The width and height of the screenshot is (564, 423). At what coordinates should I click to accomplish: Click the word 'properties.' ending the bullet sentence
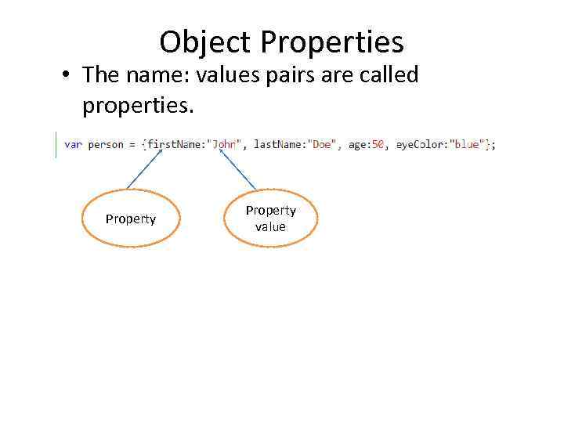point(137,105)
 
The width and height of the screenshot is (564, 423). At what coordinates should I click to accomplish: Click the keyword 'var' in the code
point(73,145)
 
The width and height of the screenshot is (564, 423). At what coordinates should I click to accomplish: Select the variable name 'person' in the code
point(106,145)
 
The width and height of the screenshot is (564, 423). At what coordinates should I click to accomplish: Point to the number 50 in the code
point(378,145)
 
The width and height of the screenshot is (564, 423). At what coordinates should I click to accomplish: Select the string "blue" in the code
point(468,145)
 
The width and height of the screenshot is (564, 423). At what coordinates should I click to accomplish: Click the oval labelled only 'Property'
point(131,219)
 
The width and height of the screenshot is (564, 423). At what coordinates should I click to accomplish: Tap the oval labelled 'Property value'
point(271,219)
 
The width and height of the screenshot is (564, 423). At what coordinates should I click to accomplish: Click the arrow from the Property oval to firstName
point(145,169)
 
